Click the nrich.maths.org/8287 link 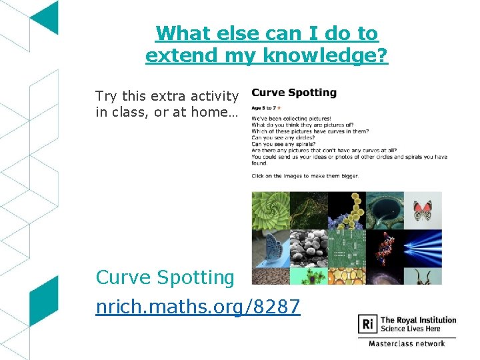[198, 307]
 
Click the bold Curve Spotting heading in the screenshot [294, 93]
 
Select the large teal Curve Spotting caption [165, 277]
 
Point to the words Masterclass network [407, 344]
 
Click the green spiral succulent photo [270, 211]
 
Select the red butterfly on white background [423, 211]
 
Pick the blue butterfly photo [270, 249]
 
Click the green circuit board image [346, 249]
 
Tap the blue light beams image [423, 249]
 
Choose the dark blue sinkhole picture [385, 211]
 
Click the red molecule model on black [385, 249]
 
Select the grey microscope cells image [308, 249]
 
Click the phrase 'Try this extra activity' [167, 97]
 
